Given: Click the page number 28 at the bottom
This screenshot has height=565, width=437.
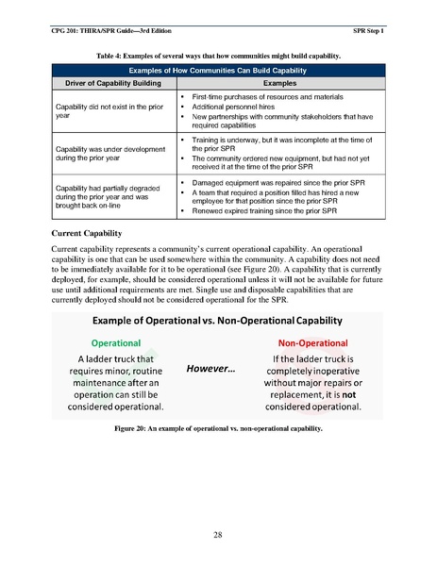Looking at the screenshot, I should pos(218,535).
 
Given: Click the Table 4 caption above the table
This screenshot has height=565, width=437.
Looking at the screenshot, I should pos(218,57).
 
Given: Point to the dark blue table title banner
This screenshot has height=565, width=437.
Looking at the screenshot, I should pos(218,71).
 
